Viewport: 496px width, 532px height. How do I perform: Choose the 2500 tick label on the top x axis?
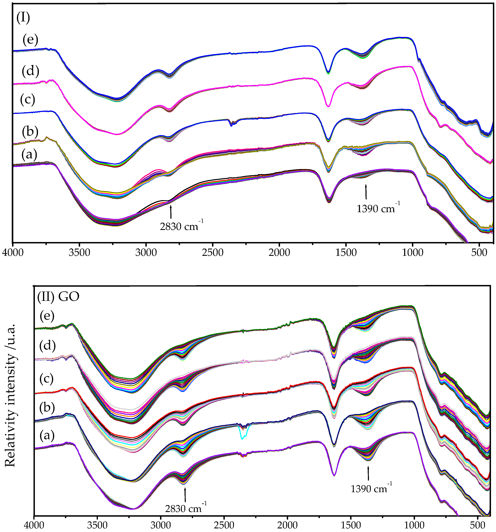pos(212,252)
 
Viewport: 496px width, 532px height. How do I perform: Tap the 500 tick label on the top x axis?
pos(479,252)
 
